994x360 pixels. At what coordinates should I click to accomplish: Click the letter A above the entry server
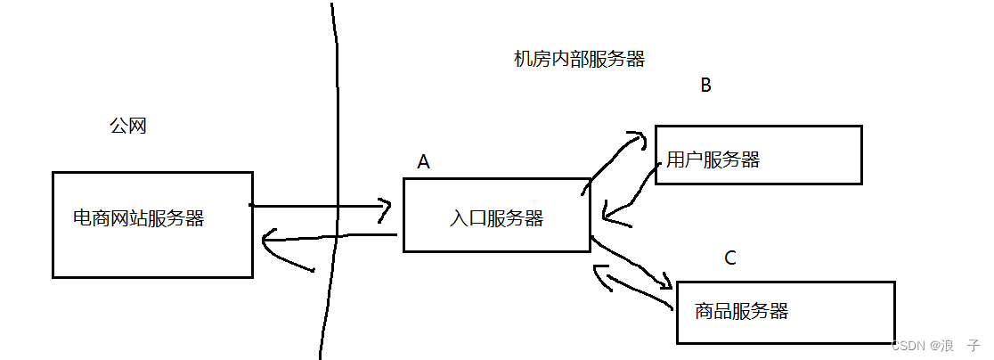(424, 161)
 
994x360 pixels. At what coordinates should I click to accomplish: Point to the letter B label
(705, 86)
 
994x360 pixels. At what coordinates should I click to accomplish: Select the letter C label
(730, 258)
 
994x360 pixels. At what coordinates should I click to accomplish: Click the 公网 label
(127, 127)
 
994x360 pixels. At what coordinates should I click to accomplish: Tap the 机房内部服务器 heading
(579, 60)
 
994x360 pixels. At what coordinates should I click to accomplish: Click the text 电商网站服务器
(138, 218)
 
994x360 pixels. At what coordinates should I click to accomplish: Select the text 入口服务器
(497, 219)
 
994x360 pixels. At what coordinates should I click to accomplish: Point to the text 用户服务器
(713, 160)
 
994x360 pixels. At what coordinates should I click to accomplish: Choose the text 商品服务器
(741, 311)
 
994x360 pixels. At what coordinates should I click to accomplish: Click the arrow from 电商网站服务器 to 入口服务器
(321, 207)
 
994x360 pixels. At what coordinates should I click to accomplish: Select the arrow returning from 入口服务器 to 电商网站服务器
(330, 237)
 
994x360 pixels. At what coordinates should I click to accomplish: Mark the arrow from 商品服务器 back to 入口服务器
(632, 287)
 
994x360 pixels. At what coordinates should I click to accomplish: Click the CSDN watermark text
(934, 344)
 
